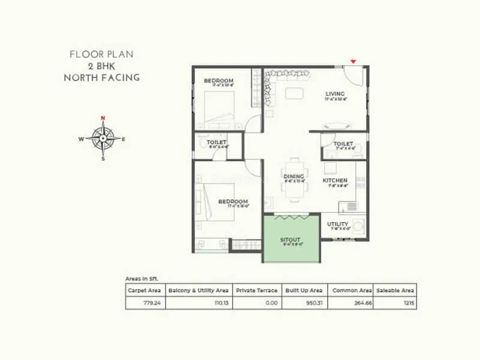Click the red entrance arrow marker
pyautogui.click(x=354, y=61)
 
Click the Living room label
pyautogui.click(x=334, y=94)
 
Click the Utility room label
pyautogui.click(x=338, y=224)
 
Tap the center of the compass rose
pyautogui.click(x=103, y=138)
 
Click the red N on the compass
pyautogui.click(x=103, y=118)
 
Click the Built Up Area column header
pyautogui.click(x=304, y=290)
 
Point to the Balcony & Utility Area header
pyautogui.click(x=198, y=290)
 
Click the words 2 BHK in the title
pyautogui.click(x=101, y=66)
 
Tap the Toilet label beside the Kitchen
pyautogui.click(x=343, y=144)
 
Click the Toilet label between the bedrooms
pyautogui.click(x=216, y=142)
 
